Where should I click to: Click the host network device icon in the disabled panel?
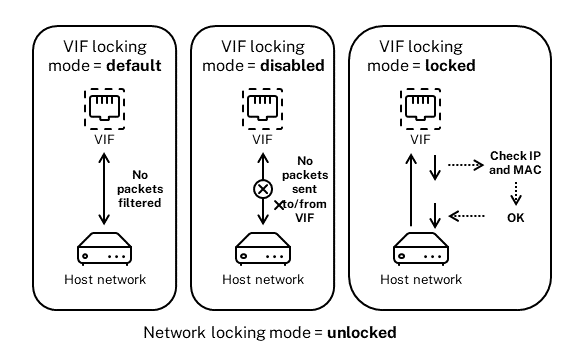point(263,249)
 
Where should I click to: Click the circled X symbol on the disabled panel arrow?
point(263,189)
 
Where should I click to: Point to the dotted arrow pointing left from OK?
point(467,214)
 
